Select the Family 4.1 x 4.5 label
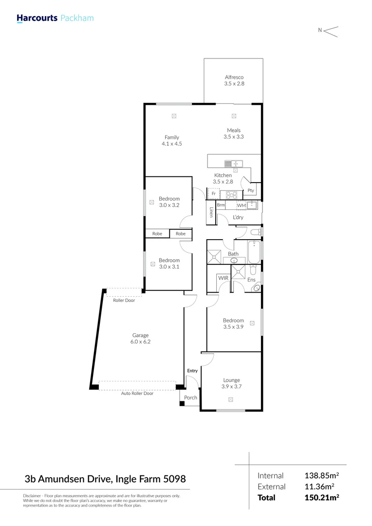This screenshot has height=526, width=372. [x=171, y=141]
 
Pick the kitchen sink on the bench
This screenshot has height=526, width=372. [x=230, y=164]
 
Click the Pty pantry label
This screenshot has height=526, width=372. [x=251, y=190]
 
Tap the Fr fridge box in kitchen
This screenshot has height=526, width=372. [x=213, y=194]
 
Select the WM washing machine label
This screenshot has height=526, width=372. [x=241, y=206]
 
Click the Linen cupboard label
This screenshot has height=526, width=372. [x=211, y=213]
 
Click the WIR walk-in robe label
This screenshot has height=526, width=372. [x=223, y=278]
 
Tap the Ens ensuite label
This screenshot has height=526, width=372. [x=251, y=280]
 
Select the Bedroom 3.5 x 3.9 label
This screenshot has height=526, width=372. [x=233, y=323]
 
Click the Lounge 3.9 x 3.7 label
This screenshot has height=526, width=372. [x=232, y=383]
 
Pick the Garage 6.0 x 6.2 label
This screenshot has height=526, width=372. [x=141, y=338]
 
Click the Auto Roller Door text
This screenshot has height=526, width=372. [x=137, y=394]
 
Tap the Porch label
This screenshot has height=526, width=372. [x=191, y=398]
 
